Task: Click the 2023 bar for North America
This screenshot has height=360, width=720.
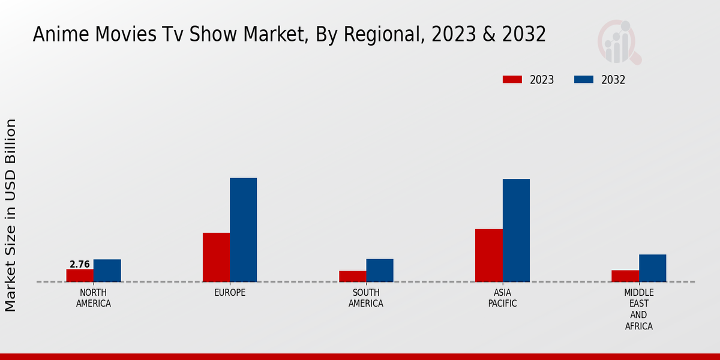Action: (80, 275)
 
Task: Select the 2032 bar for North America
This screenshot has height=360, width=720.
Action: (107, 271)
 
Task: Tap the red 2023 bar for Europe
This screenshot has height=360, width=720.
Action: (216, 257)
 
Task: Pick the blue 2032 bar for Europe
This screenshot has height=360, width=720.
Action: (244, 230)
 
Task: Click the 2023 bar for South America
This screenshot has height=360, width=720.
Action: (352, 276)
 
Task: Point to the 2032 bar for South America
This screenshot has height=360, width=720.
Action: (380, 270)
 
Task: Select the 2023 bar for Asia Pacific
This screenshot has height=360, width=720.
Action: (488, 256)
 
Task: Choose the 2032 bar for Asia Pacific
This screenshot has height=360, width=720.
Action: (516, 230)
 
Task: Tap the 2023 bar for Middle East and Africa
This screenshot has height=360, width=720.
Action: (625, 276)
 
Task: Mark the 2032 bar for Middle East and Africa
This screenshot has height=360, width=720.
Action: (652, 268)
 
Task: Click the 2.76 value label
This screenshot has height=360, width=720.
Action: (80, 264)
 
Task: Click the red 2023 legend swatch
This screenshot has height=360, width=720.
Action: (512, 79)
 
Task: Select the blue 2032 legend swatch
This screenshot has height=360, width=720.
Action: (584, 79)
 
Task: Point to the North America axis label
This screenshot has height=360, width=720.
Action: (94, 298)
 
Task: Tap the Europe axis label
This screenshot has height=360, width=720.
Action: (230, 293)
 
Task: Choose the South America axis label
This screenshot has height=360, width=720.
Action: (366, 298)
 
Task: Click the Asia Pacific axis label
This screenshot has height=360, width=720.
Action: (502, 298)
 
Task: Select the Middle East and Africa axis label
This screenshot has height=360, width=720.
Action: (638, 310)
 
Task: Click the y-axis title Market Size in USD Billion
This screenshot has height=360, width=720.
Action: (11, 215)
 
